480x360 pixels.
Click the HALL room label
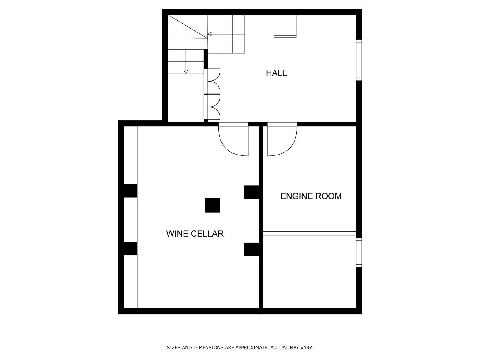pos(276,73)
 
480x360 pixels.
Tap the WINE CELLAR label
pos(195,234)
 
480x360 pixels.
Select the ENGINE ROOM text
pos(311,196)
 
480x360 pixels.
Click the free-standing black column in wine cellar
pos(213,205)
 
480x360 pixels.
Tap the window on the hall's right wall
pos(359,60)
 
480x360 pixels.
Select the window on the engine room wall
pos(359,253)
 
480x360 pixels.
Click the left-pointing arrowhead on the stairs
pos(210,34)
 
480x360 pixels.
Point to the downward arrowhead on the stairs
pos(186,72)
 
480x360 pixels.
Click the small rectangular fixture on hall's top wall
pos(285,26)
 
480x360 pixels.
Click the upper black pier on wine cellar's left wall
pos(130,191)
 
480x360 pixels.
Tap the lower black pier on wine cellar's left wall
pos(130,248)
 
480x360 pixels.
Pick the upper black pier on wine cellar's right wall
pos(251,192)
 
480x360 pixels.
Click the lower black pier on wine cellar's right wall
pos(251,249)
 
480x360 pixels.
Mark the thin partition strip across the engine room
pos(309,233)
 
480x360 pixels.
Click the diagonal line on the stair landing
pos(187,27)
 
